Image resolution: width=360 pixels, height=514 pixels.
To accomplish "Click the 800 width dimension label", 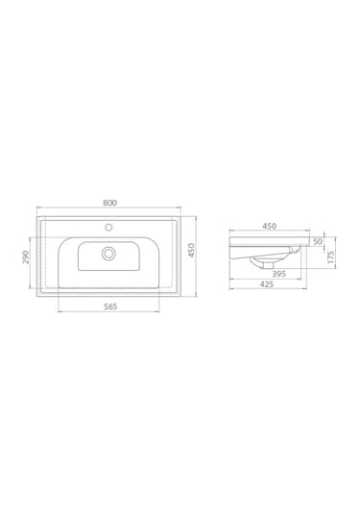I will pyautogui.click(x=110, y=204).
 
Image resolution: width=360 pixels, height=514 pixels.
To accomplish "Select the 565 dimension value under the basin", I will pyautogui.click(x=109, y=306).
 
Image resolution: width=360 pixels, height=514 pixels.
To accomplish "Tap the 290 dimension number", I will pyautogui.click(x=25, y=257).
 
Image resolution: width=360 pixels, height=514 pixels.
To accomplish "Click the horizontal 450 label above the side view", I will pyautogui.click(x=270, y=227).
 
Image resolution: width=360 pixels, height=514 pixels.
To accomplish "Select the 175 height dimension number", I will pyautogui.click(x=330, y=257).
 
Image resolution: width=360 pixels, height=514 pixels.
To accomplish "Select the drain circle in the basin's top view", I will pyautogui.click(x=109, y=254).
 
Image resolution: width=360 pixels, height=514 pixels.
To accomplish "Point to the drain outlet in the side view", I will pyautogui.click(x=259, y=261).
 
